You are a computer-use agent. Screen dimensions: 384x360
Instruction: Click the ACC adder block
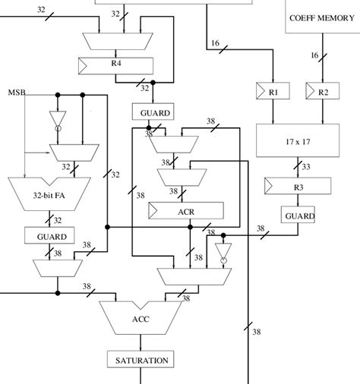click(x=141, y=318)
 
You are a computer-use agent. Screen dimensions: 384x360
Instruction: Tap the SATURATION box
click(x=141, y=359)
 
